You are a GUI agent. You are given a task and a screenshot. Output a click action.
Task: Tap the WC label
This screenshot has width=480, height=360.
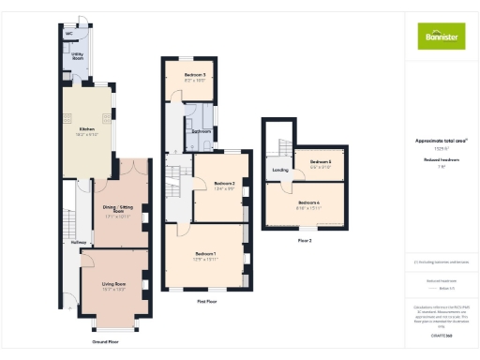69,34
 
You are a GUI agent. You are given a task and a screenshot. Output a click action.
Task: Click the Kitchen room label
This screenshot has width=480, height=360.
86,130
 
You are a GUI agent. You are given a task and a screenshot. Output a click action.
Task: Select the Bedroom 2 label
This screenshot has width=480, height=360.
222,183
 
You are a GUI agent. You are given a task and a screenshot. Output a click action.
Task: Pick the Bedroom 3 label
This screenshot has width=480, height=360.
195,74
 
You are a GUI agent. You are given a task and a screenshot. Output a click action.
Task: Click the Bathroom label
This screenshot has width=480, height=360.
201,131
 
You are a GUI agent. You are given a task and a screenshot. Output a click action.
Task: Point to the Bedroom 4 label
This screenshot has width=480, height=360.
308,202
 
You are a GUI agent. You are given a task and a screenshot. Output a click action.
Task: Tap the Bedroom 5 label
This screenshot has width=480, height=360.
321,161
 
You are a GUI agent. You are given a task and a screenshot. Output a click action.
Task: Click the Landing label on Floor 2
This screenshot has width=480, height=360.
279,170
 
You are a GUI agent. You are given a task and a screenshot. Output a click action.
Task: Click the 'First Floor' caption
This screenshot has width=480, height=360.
208,302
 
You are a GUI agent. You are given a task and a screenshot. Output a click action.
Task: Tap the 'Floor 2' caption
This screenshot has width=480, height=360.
304,241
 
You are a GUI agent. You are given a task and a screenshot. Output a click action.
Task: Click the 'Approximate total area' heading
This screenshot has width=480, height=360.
441,141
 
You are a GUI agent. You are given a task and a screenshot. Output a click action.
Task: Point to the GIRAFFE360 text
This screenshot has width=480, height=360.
442,335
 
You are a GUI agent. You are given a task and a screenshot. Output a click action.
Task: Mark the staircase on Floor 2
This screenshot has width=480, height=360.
280,145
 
